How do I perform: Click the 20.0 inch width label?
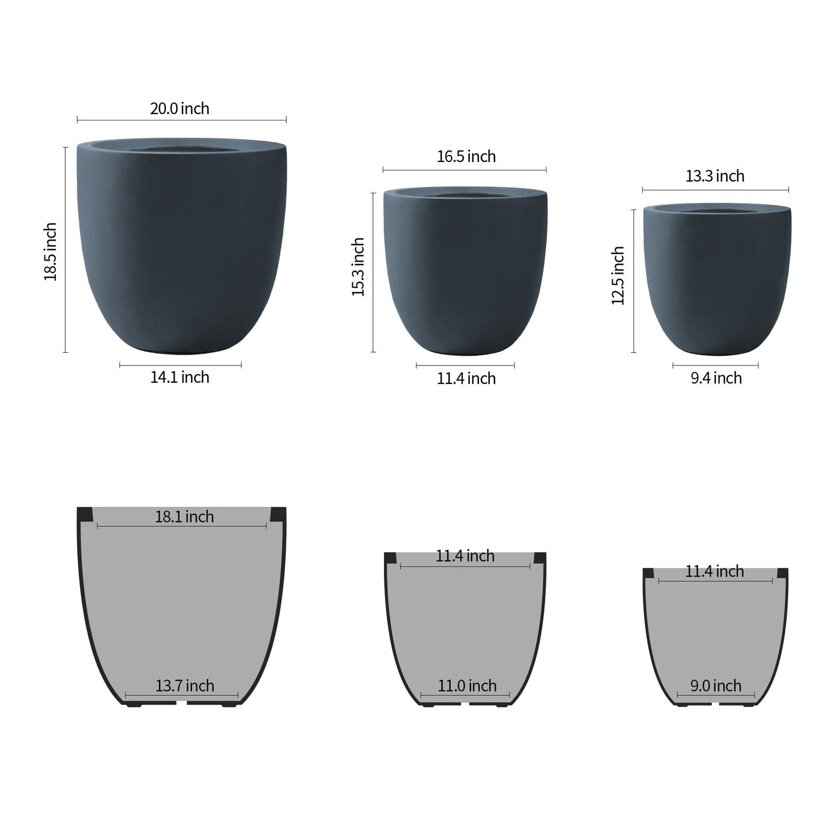click(179, 108)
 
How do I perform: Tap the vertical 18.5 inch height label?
click(51, 251)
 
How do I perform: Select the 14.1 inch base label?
click(179, 377)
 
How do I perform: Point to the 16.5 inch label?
click(466, 156)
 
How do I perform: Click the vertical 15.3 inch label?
click(358, 267)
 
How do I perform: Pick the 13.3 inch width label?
click(715, 176)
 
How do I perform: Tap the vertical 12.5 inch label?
click(618, 276)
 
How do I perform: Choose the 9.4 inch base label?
click(716, 378)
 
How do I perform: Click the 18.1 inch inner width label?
click(184, 517)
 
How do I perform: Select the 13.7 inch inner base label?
click(184, 685)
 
